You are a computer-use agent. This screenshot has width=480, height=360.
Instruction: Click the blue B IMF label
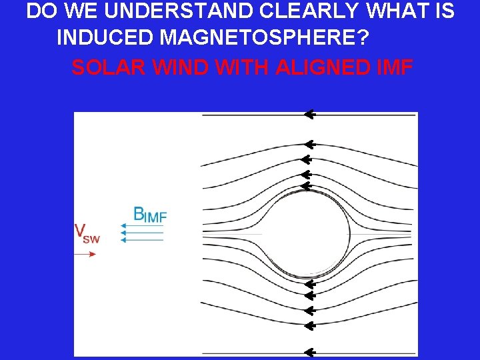(x=149, y=214)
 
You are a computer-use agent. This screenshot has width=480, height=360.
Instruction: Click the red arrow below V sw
(x=85, y=253)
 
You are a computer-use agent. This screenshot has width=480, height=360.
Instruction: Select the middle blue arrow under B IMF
(x=141, y=233)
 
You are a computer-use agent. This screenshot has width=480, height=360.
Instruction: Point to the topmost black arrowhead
(x=308, y=115)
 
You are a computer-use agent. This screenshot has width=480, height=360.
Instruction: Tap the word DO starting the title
(x=41, y=11)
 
